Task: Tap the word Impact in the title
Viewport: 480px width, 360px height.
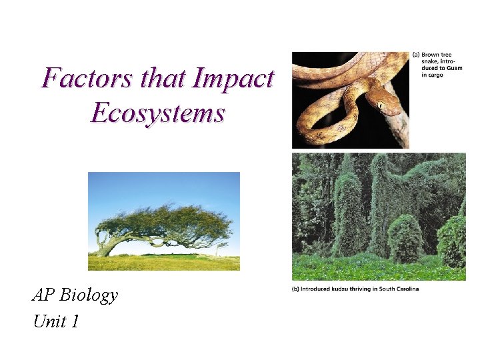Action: click(x=232, y=79)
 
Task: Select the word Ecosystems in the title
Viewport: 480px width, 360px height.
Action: click(x=157, y=113)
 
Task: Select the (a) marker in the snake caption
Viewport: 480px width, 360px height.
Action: click(x=417, y=55)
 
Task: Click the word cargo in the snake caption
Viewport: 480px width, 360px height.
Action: click(x=436, y=75)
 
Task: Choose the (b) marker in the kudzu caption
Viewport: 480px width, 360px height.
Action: click(x=295, y=289)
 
